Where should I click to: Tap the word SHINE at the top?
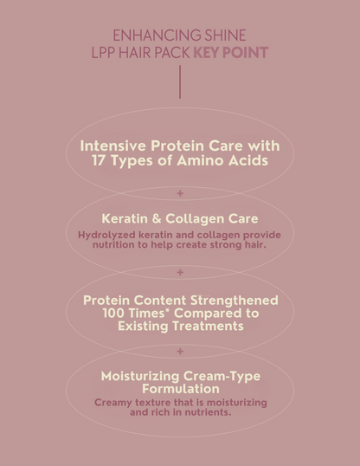[x=225, y=36]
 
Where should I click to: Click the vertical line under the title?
[x=180, y=81]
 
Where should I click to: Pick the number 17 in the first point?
[x=100, y=161]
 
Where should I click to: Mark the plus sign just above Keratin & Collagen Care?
[x=180, y=193]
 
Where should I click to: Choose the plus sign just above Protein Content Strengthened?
[x=180, y=272]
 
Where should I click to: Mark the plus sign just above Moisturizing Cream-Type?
[x=180, y=351]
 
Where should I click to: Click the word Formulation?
[x=180, y=389]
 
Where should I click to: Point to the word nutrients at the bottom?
[x=201, y=412]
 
